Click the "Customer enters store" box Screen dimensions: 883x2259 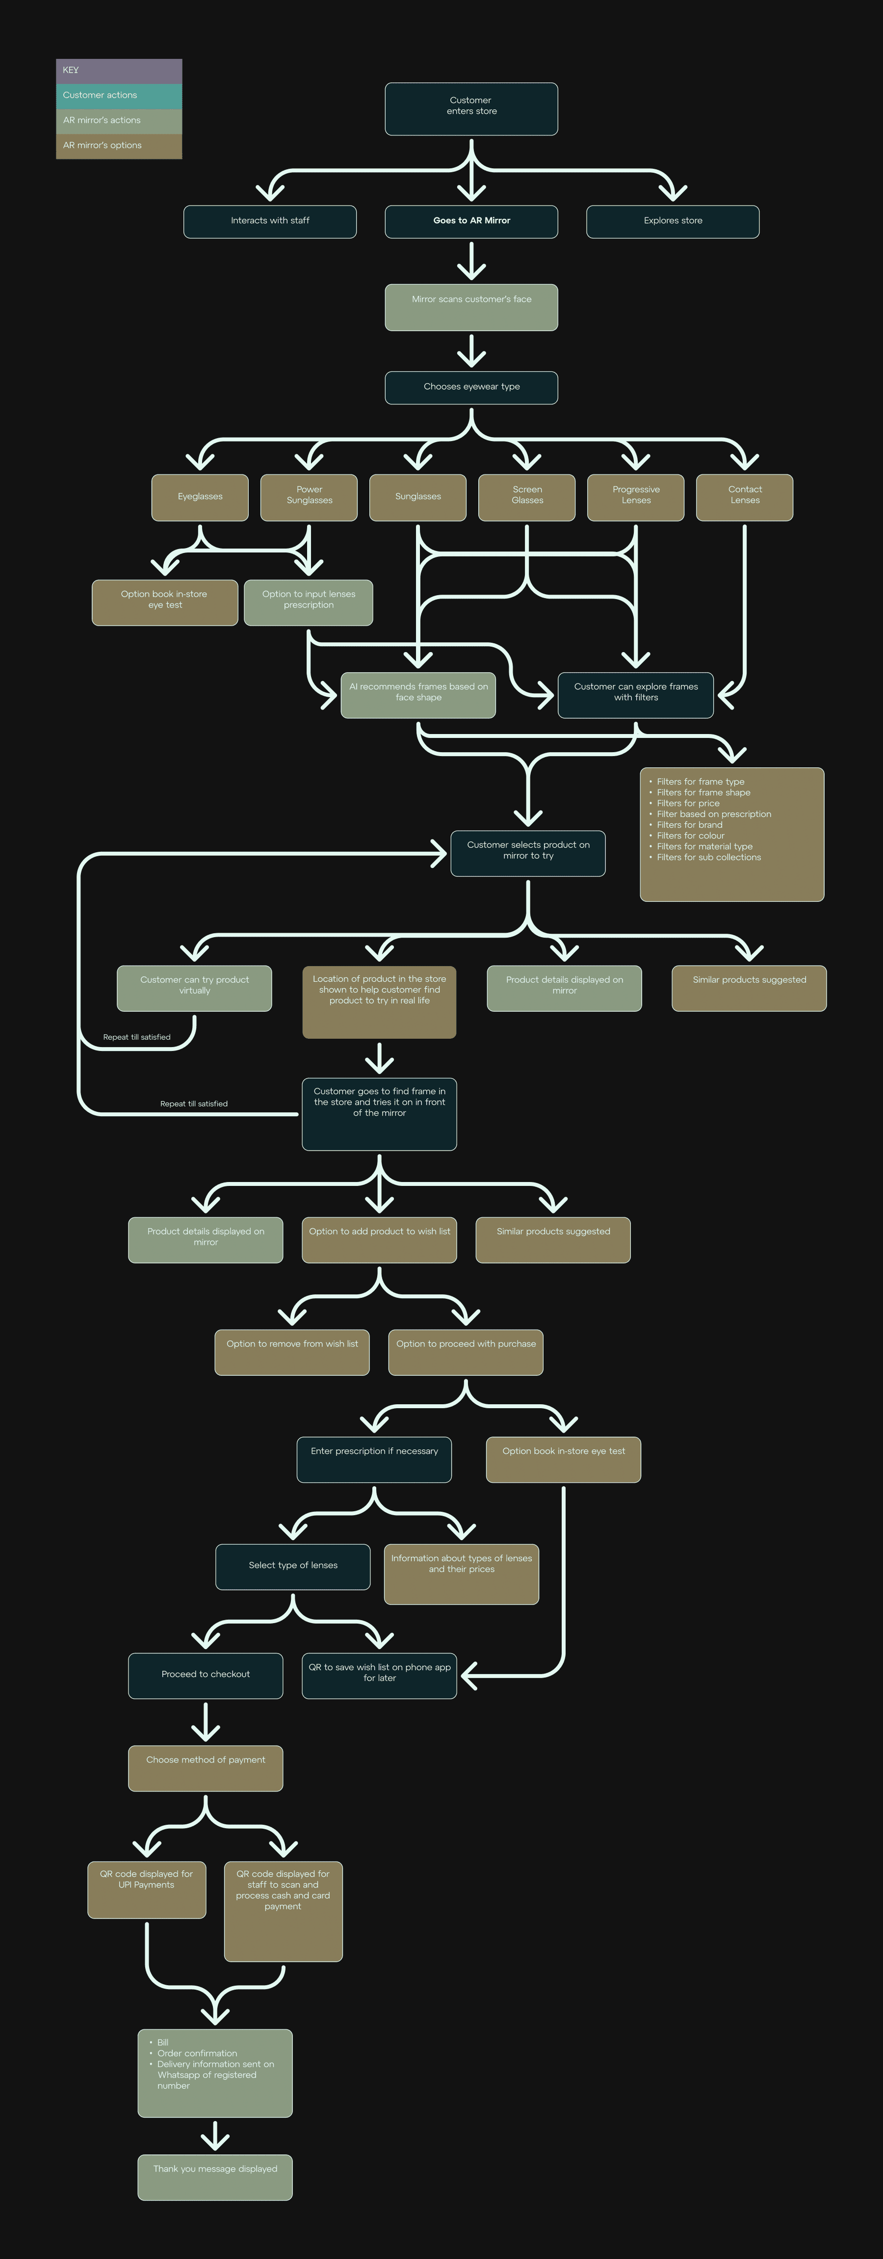[x=471, y=109]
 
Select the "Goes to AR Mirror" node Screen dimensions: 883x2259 [x=471, y=221]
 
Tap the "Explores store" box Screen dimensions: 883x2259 [x=673, y=221]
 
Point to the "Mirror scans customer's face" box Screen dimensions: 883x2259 [x=471, y=307]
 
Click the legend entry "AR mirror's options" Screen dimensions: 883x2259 [x=118, y=146]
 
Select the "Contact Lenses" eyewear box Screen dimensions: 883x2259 [x=745, y=497]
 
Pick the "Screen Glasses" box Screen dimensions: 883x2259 [x=527, y=497]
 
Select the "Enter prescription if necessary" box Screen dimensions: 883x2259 [x=374, y=1459]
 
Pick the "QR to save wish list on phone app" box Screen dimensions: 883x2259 [x=379, y=1675]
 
